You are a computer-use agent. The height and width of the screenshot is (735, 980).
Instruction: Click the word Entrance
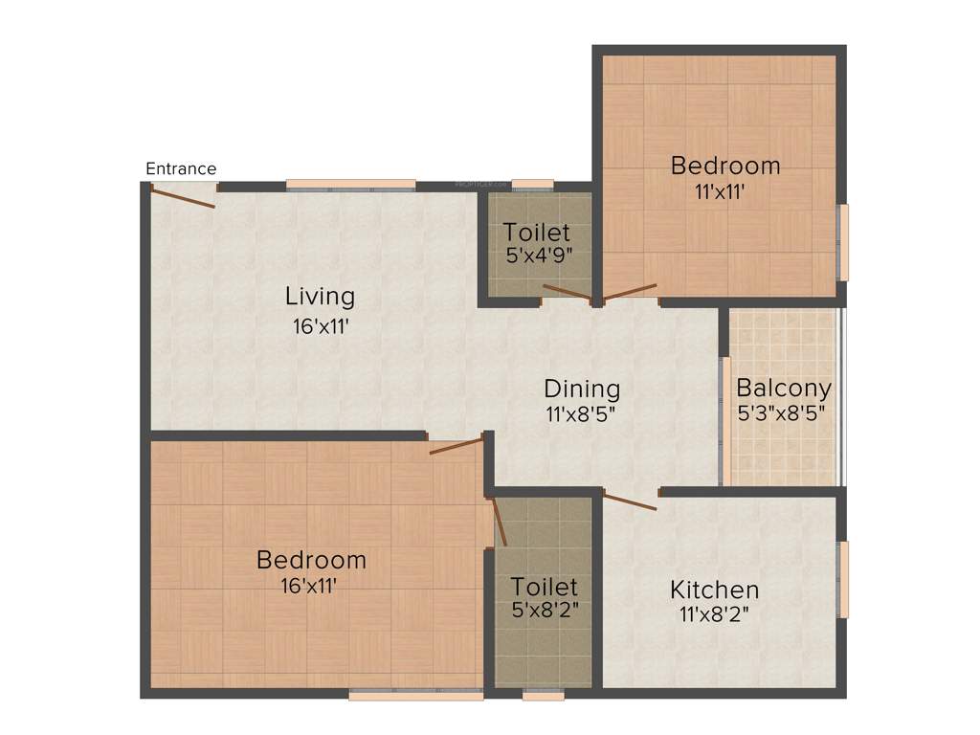[x=181, y=169]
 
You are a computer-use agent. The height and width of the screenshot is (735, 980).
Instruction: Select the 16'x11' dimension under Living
[x=320, y=326]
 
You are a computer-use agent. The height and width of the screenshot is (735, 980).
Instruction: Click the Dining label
[x=582, y=390]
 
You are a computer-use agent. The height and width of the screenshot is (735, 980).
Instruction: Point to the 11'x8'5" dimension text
[x=582, y=415]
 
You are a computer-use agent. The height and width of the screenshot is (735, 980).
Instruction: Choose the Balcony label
[x=783, y=390]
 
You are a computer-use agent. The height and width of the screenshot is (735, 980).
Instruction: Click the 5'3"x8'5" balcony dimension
[x=781, y=414]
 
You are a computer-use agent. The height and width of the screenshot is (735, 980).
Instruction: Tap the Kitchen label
[x=714, y=590]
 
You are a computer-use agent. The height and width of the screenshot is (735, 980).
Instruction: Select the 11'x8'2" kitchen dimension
[x=714, y=615]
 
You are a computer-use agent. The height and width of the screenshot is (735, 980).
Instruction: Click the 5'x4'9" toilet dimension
[x=537, y=256]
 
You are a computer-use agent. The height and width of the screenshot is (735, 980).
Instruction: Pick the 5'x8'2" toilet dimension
[x=544, y=611]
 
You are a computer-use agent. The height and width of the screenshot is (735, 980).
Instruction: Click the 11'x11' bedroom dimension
[x=720, y=190]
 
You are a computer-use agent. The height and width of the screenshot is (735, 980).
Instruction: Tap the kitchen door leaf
[x=630, y=501]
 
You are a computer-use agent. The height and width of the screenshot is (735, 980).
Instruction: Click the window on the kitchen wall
[x=843, y=580]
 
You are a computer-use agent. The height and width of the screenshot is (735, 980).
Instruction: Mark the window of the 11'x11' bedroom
[x=843, y=242]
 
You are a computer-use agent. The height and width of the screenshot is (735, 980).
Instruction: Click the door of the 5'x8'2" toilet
[x=499, y=521]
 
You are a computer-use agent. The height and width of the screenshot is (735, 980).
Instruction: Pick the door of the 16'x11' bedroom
[x=457, y=446]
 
